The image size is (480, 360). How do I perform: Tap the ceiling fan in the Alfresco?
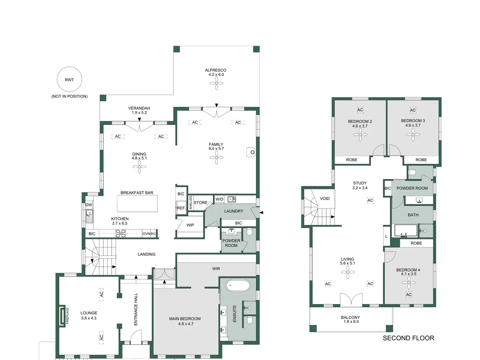[x=216, y=83]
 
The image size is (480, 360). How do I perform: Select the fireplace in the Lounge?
[x=62, y=316]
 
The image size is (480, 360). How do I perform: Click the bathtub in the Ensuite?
[x=238, y=285]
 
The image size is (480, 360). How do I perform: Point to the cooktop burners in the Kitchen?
[x=120, y=234]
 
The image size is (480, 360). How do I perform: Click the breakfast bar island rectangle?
[x=137, y=204]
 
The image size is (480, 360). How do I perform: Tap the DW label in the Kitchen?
[x=88, y=205]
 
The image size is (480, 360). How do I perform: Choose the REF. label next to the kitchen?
[x=181, y=208]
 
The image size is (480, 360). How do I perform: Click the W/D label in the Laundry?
[x=219, y=199]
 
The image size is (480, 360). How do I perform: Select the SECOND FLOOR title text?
[x=408, y=338]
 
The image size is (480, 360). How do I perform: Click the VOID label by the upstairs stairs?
[x=324, y=198]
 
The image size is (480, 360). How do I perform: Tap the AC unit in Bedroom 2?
[x=360, y=110]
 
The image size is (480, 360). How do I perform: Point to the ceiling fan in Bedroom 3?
[x=413, y=134]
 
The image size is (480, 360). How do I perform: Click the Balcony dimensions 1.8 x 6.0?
[x=351, y=321]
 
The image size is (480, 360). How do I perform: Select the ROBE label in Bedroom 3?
[x=421, y=160]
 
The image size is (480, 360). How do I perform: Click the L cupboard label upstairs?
[x=386, y=236]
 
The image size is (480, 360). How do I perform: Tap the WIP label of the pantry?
[x=190, y=225]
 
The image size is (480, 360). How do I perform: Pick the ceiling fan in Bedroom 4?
[x=409, y=283]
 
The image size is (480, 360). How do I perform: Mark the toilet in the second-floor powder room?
[x=412, y=172]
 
